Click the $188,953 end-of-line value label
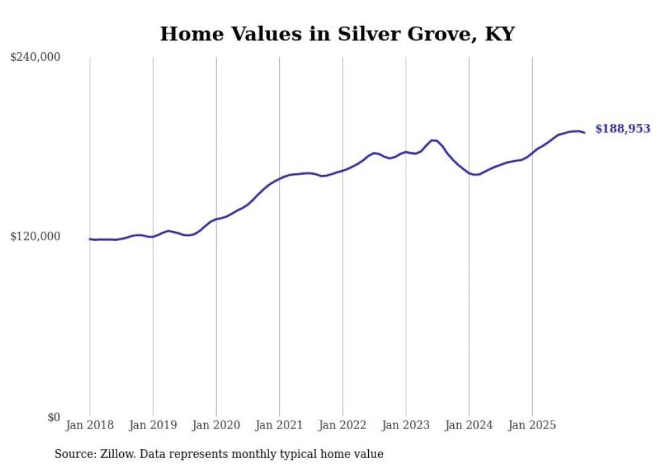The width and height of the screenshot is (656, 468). point(623,129)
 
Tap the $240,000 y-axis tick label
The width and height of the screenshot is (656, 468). point(35,58)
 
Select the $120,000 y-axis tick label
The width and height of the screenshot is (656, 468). point(35,236)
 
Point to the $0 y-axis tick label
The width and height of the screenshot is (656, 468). point(54,417)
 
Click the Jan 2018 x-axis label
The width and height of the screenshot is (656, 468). point(90,425)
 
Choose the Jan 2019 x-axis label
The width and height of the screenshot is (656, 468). point(153,425)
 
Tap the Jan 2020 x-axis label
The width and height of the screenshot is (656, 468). point(216,425)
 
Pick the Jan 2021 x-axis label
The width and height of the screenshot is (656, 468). point(279,425)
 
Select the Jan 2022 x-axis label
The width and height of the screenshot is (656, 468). point(343,425)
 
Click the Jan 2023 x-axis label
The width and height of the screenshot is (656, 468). point(406,425)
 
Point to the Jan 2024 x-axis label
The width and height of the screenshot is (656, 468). point(469,425)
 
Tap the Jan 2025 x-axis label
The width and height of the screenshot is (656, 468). point(532,425)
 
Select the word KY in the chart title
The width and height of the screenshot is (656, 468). point(497,34)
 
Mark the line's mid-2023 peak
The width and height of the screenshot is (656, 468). point(433,140)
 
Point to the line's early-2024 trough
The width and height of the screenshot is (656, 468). point(475,175)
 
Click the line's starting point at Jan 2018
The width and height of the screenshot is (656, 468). point(90,239)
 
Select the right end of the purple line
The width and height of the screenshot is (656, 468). point(584,133)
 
